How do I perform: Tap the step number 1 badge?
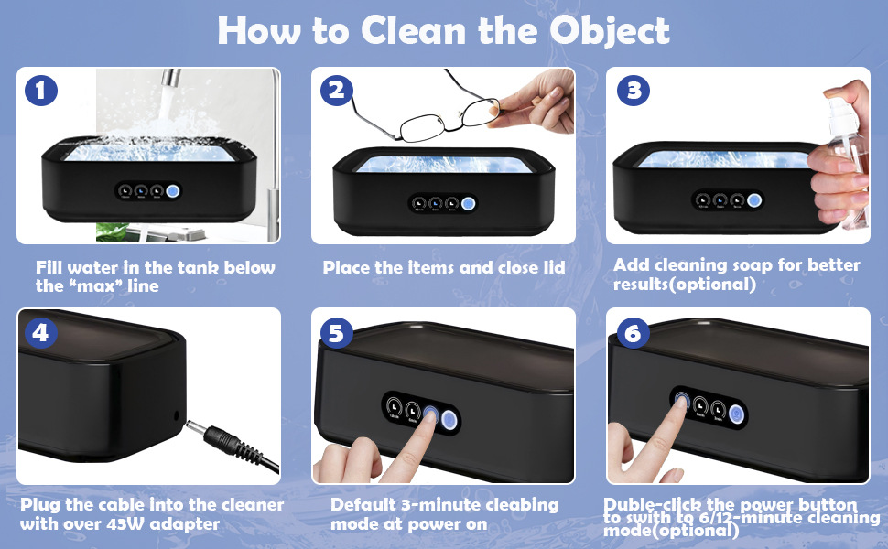click(x=41, y=90)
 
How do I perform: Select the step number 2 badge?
click(x=336, y=90)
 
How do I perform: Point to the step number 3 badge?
click(x=634, y=90)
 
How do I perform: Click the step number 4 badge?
click(x=41, y=333)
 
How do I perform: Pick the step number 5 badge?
click(x=336, y=333)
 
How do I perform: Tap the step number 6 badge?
click(x=634, y=333)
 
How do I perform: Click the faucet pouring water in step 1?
click(x=171, y=78)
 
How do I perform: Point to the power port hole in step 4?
click(x=176, y=416)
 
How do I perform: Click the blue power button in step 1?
click(x=173, y=191)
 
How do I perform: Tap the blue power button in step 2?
click(x=468, y=204)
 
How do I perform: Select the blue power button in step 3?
click(x=753, y=199)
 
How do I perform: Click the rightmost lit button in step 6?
click(x=736, y=414)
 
